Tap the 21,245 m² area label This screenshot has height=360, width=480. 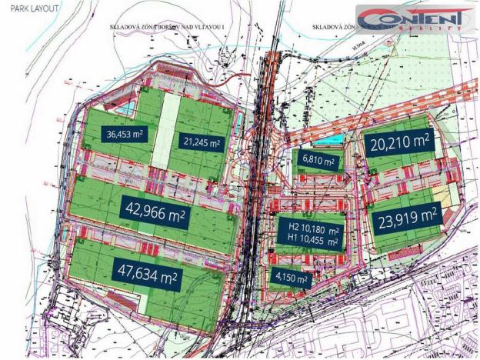202,142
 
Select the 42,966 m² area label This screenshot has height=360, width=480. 154,208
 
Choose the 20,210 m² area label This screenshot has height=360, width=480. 400,142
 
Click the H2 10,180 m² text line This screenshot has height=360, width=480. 314,229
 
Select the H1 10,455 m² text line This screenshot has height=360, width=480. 314,241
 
